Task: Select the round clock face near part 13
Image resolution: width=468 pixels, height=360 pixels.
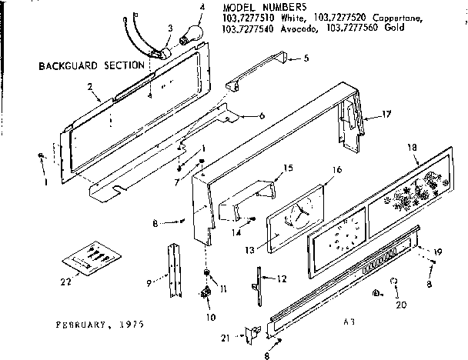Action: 294,215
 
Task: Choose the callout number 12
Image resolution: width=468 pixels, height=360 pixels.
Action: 282,278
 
